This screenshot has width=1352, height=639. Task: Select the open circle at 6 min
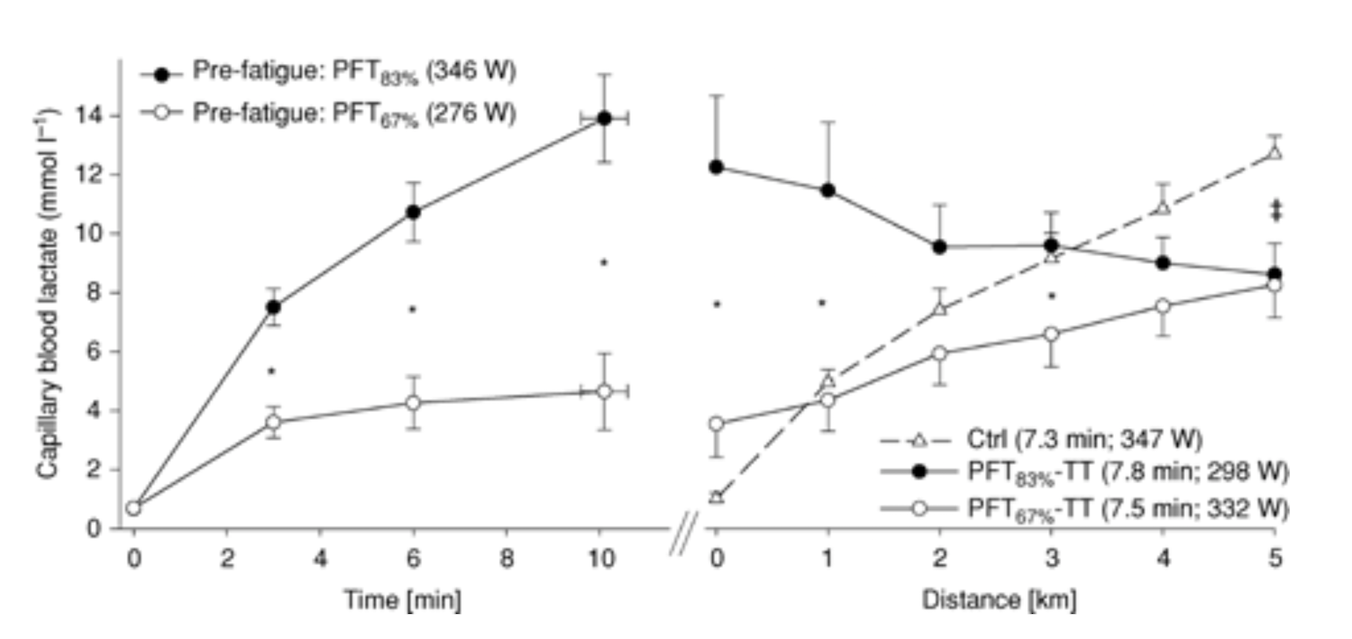[413, 402]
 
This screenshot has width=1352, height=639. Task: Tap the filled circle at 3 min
[272, 306]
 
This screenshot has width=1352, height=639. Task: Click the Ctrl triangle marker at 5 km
[1274, 152]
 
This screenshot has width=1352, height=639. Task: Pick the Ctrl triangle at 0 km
[716, 497]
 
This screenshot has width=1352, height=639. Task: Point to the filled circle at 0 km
[716, 167]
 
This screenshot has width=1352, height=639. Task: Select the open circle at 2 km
[939, 353]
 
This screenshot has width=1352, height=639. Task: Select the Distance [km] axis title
[998, 599]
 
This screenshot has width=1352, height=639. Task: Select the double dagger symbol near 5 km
[1274, 210]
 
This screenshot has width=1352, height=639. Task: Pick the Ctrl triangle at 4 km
[1163, 208]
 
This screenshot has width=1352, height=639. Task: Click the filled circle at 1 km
[827, 190]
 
